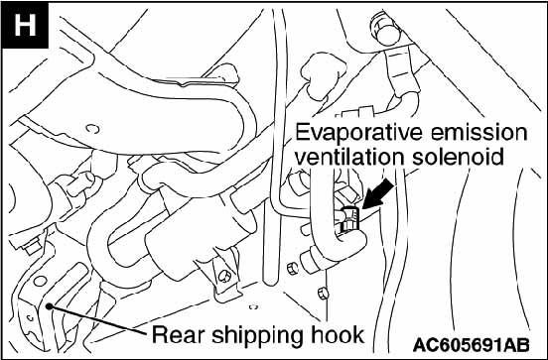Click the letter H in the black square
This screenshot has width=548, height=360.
pos(25,25)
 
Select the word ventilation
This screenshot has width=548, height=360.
pos(349,157)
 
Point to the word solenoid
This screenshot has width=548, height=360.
pos(459,157)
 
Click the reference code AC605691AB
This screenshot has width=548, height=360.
pos(471,345)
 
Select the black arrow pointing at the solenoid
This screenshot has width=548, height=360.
pos(378,193)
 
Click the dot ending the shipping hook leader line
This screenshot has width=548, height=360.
pos(50,306)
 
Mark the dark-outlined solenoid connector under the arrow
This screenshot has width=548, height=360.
pos(349,219)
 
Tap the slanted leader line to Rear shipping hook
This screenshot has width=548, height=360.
pos(98,320)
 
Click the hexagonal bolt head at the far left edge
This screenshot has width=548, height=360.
pos(32,247)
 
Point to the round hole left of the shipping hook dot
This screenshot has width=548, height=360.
pos(40,281)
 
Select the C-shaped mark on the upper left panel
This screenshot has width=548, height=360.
pos(92,129)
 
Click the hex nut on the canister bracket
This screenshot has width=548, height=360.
pos(224,276)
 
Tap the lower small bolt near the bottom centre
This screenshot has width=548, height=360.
pos(324,293)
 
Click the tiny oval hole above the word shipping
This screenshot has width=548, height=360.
pos(254,306)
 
